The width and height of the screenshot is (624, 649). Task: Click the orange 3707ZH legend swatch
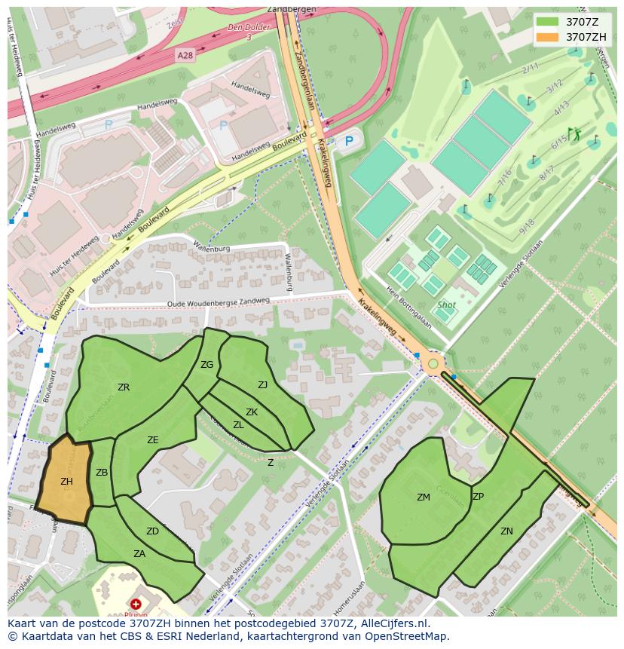pyautogui.click(x=548, y=36)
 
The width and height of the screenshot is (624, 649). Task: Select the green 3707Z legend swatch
pyautogui.click(x=548, y=22)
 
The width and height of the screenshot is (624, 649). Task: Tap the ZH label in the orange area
pyautogui.click(x=66, y=482)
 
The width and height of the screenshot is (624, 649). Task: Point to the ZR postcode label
pyautogui.click(x=124, y=387)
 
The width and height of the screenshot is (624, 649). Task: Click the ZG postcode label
pyautogui.click(x=206, y=365)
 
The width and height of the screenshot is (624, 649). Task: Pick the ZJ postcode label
pyautogui.click(x=262, y=385)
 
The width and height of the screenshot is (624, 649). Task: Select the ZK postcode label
pyautogui.click(x=252, y=412)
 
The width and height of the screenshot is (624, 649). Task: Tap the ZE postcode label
pyautogui.click(x=153, y=440)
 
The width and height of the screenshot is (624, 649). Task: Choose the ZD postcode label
pyautogui.click(x=152, y=531)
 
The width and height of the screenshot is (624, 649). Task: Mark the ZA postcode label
pyautogui.click(x=139, y=554)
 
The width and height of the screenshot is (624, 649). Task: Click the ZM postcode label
pyautogui.click(x=424, y=497)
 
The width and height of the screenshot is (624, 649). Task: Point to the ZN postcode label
pyautogui.click(x=506, y=531)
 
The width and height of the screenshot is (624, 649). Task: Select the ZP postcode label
pyautogui.click(x=478, y=497)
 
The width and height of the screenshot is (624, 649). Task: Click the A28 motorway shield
pyautogui.click(x=185, y=56)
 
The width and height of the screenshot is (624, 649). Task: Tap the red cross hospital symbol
pyautogui.click(x=136, y=605)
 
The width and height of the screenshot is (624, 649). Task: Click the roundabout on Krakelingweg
pyautogui.click(x=433, y=365)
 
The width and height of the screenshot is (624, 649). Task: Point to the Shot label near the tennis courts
pyautogui.click(x=446, y=305)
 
